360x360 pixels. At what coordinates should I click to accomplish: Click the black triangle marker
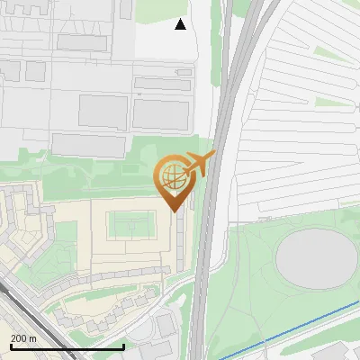[181, 24]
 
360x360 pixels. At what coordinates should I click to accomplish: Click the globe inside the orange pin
[172, 176]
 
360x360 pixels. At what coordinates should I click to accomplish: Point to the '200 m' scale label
[23, 338]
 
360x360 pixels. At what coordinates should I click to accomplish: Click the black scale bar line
[67, 346]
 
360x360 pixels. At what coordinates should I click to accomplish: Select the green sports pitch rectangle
[132, 224]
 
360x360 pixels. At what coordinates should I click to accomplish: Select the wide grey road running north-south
[205, 252]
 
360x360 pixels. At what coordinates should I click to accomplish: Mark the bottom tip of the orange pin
[175, 211]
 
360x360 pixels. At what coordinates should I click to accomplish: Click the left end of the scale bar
[10, 346]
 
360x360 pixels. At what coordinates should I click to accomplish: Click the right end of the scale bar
[123, 346]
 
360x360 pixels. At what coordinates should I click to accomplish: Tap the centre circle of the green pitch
[132, 224]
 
